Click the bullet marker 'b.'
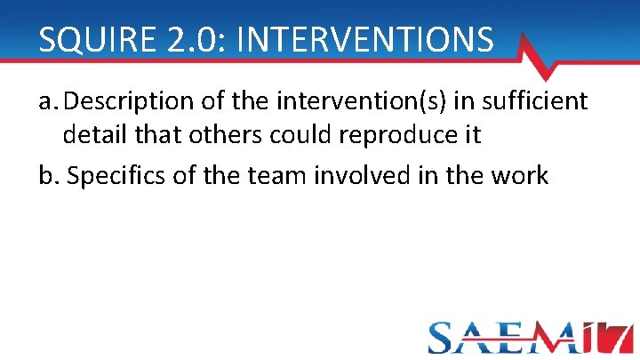(50, 176)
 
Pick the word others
(223, 136)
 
